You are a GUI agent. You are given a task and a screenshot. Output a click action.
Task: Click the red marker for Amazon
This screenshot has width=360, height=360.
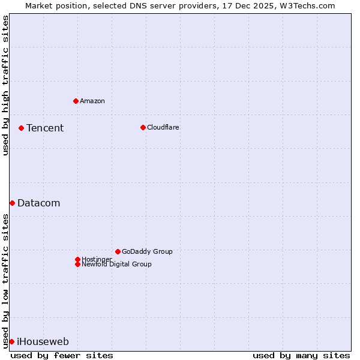[x=76, y=101]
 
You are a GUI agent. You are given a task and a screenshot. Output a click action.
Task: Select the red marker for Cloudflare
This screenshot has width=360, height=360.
[x=143, y=127]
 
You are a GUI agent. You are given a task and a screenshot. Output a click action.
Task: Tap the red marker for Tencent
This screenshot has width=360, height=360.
[x=21, y=128]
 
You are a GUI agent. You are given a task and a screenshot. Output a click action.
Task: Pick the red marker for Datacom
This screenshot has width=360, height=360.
[x=12, y=203]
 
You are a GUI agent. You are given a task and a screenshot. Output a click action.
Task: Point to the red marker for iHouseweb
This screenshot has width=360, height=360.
[x=11, y=341]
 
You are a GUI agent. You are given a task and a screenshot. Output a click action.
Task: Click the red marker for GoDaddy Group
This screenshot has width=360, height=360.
[x=118, y=251]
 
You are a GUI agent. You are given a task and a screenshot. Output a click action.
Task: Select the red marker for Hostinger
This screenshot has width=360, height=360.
[x=77, y=259]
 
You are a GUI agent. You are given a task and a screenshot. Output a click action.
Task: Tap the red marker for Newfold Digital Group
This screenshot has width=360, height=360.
[x=77, y=264]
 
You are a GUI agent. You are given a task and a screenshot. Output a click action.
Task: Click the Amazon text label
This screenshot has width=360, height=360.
[x=92, y=101]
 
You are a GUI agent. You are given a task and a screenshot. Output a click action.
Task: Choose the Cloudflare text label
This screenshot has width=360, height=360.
[x=163, y=127]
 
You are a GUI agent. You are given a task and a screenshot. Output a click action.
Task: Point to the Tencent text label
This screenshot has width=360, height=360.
[x=45, y=128]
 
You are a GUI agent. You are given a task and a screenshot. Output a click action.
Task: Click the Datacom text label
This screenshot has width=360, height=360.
[x=39, y=203]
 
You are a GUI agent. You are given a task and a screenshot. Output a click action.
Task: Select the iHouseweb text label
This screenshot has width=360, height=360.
[x=43, y=342]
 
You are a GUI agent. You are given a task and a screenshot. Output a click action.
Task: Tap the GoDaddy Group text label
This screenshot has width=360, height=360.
[x=147, y=251]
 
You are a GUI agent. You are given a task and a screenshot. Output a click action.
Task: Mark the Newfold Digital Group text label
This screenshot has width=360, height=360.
[x=117, y=265]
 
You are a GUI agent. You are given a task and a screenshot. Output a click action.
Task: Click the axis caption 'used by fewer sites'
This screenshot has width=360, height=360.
[x=62, y=355]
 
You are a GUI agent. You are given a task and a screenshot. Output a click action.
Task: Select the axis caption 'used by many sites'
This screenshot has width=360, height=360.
[x=301, y=355]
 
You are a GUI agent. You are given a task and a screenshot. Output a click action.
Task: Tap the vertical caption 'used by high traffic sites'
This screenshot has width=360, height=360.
[x=5, y=85]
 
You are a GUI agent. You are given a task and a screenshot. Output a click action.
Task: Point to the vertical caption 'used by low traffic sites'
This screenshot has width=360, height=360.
[x=5, y=281]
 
